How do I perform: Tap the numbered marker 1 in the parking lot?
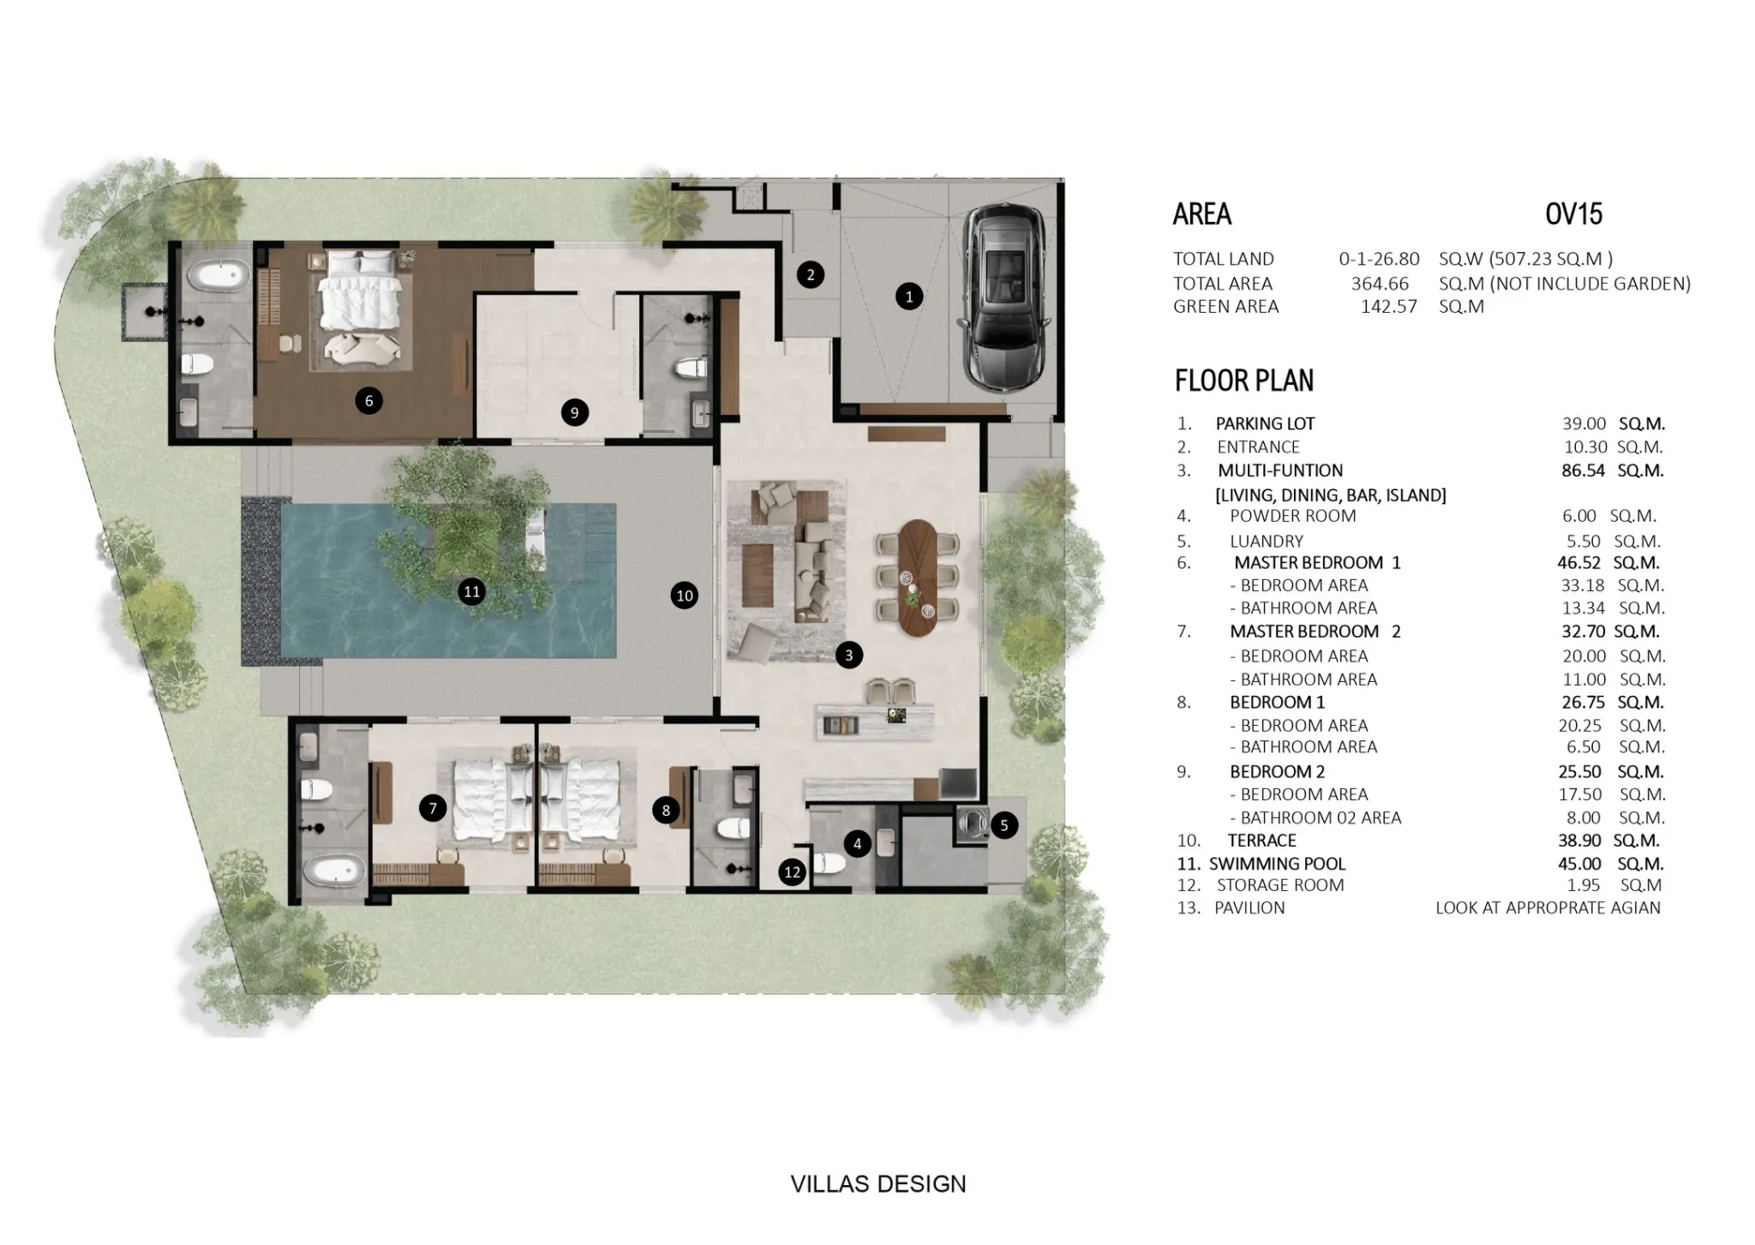(x=909, y=296)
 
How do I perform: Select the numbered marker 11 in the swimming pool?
(x=471, y=591)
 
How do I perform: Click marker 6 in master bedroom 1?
(x=368, y=400)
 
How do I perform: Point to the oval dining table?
(x=918, y=577)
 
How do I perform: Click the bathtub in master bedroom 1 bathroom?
(x=218, y=277)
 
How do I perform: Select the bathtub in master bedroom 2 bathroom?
(x=333, y=872)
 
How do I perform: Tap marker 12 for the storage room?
(x=793, y=872)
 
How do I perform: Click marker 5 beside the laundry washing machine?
(x=1004, y=825)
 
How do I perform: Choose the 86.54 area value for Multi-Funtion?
(x=1583, y=470)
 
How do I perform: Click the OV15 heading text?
(x=1573, y=213)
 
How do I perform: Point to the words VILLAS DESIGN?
(x=877, y=1184)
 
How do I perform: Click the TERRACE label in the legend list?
(x=1261, y=841)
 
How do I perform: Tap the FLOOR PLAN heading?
(x=1243, y=380)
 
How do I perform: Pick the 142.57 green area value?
(x=1389, y=307)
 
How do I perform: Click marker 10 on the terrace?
(x=684, y=596)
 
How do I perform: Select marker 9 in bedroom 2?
(x=574, y=412)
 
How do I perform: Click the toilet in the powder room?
(x=830, y=864)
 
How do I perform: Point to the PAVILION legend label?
(x=1249, y=908)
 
